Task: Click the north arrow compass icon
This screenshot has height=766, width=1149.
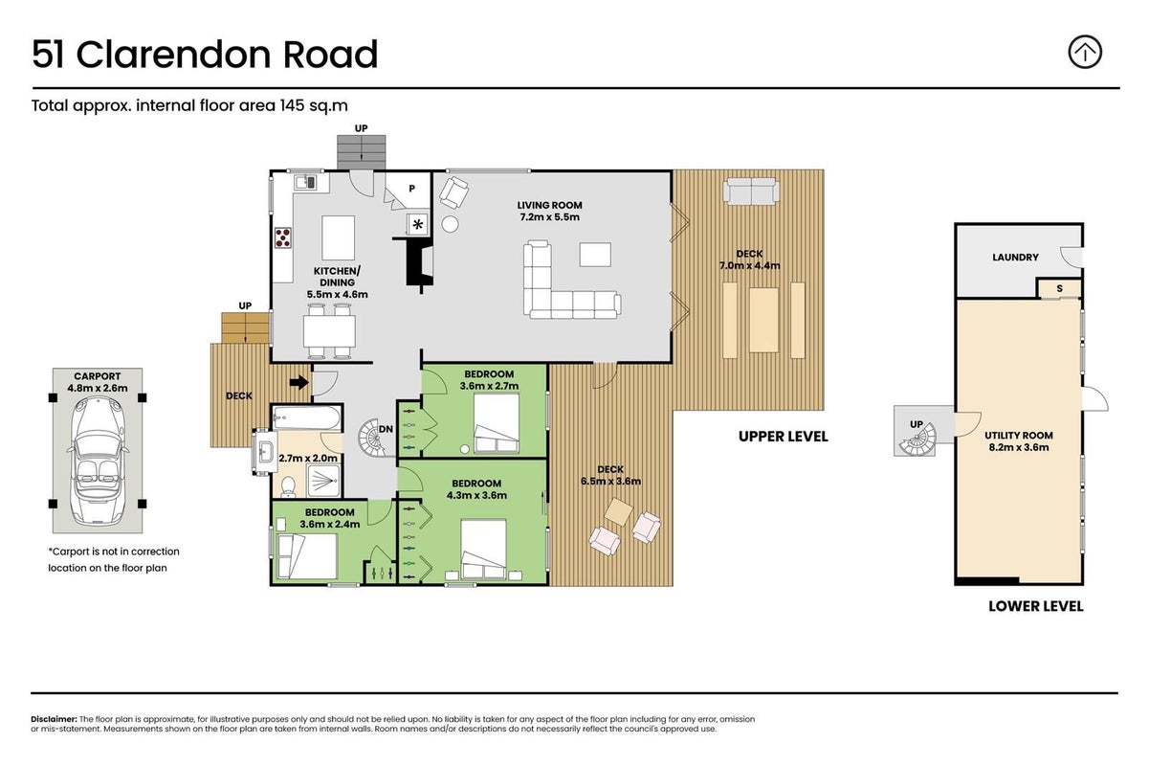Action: (x=1084, y=52)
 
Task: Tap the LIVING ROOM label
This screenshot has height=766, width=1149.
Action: (x=549, y=205)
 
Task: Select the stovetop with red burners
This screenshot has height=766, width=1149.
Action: (x=282, y=237)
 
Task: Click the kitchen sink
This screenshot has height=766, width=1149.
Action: (x=305, y=182)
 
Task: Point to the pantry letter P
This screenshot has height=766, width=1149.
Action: (x=412, y=189)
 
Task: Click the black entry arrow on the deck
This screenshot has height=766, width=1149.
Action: (x=299, y=382)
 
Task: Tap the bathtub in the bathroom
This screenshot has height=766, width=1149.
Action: (x=306, y=417)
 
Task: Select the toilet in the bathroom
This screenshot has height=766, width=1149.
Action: (x=288, y=486)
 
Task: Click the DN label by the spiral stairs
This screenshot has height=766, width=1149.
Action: (x=386, y=429)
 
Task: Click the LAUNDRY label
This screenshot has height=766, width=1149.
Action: (x=1015, y=258)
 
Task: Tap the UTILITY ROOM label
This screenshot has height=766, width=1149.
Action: (x=1019, y=436)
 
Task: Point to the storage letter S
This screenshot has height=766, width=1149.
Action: (x=1060, y=289)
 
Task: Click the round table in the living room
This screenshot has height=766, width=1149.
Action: (x=450, y=224)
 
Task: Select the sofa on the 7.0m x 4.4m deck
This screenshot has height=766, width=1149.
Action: (x=751, y=191)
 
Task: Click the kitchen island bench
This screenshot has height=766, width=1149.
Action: (x=338, y=237)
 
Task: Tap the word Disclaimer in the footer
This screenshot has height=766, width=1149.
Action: (x=54, y=719)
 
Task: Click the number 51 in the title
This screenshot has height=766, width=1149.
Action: (x=49, y=55)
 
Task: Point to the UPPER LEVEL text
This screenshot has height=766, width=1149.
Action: (x=784, y=437)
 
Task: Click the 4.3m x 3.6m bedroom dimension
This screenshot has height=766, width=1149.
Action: (x=476, y=495)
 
